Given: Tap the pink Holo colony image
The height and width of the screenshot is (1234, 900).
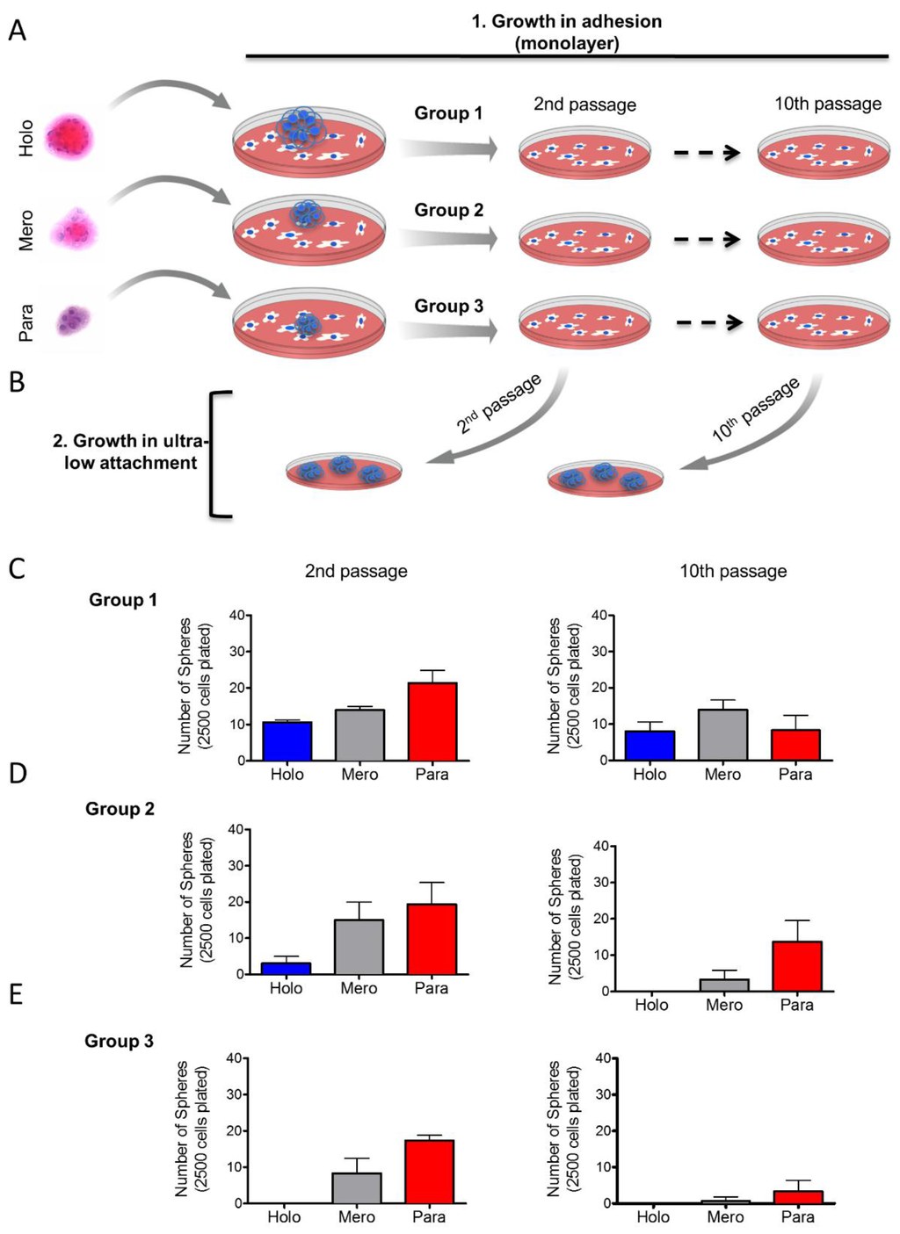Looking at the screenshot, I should [69, 138].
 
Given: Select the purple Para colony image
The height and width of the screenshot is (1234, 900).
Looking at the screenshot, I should [69, 321].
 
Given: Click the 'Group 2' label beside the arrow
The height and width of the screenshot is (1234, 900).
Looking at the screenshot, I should [448, 210].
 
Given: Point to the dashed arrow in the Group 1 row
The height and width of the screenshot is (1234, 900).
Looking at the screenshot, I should [706, 153].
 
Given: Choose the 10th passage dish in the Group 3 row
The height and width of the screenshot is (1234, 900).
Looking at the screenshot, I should [824, 322].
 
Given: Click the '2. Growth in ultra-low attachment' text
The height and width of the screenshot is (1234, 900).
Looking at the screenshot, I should [130, 451].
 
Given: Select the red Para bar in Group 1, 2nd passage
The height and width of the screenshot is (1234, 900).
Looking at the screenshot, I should [432, 721].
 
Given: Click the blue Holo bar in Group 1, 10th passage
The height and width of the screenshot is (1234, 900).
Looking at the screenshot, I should [650, 745].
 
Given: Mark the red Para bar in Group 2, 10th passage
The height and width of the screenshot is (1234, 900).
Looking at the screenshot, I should [797, 966].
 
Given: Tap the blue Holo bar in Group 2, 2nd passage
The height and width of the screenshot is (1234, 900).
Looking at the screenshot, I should [286, 968].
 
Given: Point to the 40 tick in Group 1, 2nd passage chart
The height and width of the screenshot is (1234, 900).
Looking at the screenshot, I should [237, 616].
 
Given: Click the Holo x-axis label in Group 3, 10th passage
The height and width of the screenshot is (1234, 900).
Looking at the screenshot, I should [653, 1217].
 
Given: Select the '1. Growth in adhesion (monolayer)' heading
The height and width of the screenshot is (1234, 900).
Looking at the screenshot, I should [566, 32].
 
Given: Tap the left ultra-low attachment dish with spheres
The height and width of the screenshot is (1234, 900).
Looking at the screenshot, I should [344, 472].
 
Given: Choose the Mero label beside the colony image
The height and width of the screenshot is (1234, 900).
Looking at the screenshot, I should [26, 230].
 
